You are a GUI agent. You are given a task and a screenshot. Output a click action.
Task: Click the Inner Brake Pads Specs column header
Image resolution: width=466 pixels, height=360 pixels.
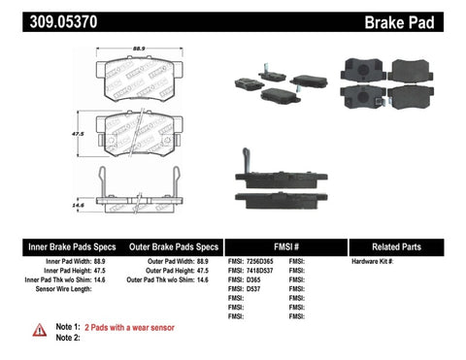point(55,246)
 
